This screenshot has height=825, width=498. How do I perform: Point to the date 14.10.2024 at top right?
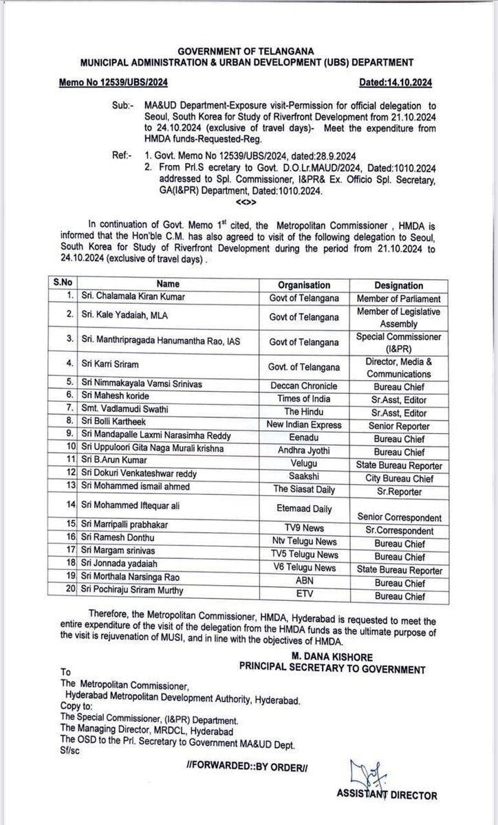tap(397, 82)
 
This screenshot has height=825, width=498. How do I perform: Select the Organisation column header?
tap(303, 285)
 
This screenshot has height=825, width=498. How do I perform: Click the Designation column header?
tap(399, 285)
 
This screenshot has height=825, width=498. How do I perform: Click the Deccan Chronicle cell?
tap(303, 387)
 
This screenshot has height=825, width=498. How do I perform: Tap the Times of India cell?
tap(303, 399)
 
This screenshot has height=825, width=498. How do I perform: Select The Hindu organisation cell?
tap(303, 412)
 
